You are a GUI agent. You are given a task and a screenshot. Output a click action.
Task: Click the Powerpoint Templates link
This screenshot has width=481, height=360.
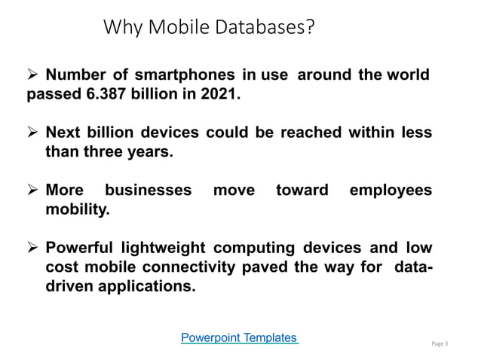click(x=240, y=337)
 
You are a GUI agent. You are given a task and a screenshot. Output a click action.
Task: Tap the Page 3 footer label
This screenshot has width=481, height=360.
click(x=440, y=344)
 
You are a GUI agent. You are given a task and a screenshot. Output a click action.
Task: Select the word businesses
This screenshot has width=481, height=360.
click(x=149, y=191)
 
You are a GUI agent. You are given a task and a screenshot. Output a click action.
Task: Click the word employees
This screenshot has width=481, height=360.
click(x=391, y=191)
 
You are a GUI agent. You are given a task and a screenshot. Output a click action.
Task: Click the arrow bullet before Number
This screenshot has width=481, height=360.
click(x=33, y=75)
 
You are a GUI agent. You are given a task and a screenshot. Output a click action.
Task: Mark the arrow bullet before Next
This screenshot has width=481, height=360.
click(x=33, y=133)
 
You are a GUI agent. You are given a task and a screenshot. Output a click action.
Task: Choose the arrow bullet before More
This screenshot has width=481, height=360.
click(x=33, y=191)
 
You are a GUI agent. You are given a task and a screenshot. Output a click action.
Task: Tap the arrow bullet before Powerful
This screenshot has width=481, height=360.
click(x=33, y=249)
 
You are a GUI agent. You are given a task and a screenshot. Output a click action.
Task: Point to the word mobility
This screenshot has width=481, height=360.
click(x=78, y=210)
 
